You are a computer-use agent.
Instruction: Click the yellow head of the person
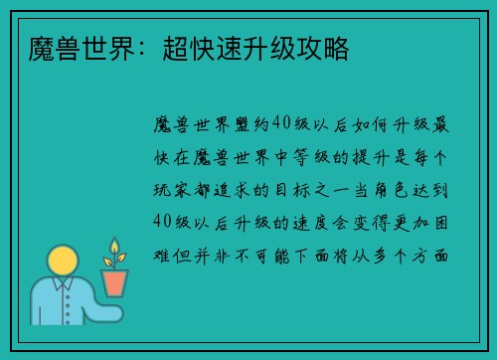point(64,263)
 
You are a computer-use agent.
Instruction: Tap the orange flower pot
point(116,282)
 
